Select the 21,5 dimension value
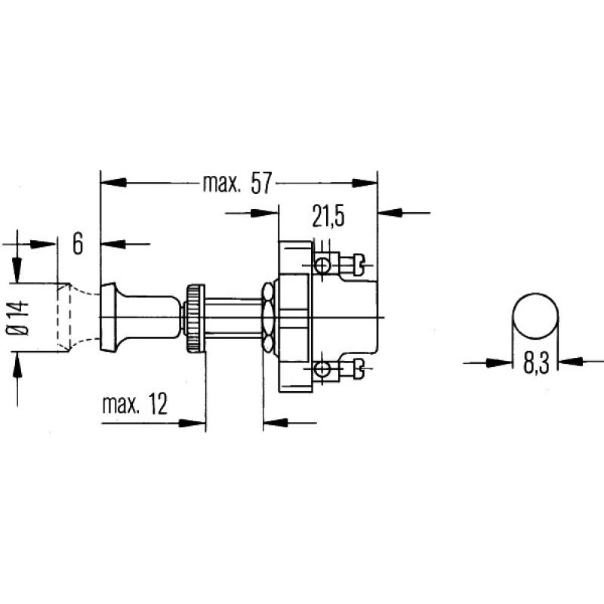(x=328, y=217)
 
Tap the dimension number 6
(x=78, y=243)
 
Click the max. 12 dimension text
(x=134, y=405)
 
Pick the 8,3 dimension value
(x=535, y=362)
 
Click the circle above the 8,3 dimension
(x=535, y=316)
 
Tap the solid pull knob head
(x=113, y=316)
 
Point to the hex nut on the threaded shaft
(x=267, y=316)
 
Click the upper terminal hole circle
(x=322, y=265)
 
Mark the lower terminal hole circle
(x=322, y=368)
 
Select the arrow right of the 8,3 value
(x=572, y=362)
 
